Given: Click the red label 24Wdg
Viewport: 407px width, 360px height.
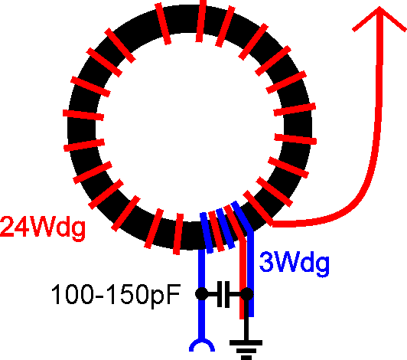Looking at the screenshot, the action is click(43, 227).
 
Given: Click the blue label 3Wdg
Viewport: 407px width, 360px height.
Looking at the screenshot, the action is click(295, 263).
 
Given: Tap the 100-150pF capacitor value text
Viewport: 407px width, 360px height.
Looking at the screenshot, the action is click(116, 294).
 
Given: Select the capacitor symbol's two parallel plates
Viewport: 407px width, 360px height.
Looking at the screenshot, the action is click(223, 294).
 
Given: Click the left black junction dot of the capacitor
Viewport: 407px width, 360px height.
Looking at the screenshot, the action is click(201, 294).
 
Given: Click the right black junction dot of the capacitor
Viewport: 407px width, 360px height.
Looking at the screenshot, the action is click(246, 294).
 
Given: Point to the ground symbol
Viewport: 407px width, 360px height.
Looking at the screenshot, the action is click(246, 349).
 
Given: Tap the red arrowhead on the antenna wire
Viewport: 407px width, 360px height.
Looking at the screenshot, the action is click(379, 18).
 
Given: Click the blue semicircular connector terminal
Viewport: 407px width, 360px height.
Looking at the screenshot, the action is click(202, 345).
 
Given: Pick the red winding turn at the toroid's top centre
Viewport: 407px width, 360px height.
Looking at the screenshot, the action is click(201, 21).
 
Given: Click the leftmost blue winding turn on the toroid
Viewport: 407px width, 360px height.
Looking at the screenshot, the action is click(207, 233).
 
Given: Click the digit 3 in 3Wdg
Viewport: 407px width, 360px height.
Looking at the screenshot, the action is click(265, 262).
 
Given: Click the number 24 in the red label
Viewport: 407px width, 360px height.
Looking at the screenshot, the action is click(15, 227).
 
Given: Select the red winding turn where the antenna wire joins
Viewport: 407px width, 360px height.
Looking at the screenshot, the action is click(258, 208).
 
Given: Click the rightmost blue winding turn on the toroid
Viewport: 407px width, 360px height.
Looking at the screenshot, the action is click(242, 216).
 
